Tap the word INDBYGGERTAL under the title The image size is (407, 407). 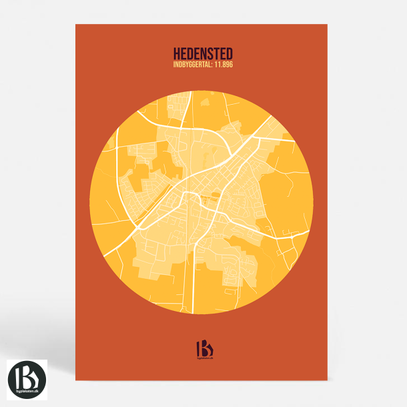click(x=192, y=64)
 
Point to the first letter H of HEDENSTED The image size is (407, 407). click(x=177, y=52)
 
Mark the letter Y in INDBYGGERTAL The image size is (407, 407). click(x=183, y=64)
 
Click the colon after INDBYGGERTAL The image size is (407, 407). click(x=212, y=64)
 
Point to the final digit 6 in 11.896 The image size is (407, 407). click(x=231, y=64)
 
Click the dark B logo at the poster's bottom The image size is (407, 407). click(x=203, y=348)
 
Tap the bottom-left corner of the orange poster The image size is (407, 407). click(x=76, y=380)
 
